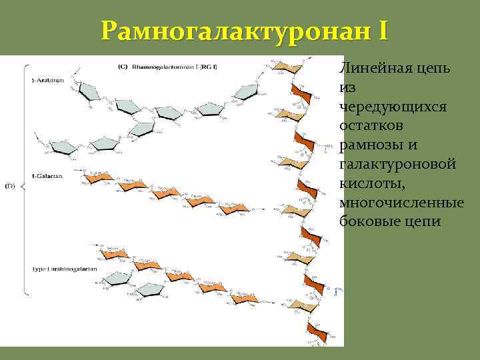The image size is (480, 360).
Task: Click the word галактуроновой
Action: pos(397,164)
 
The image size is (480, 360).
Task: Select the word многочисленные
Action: pos(401,202)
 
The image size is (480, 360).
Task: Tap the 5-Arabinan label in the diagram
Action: pos(47,81)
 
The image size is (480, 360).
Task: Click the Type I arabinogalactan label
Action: pos(64,269)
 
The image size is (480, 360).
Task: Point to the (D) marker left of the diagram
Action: pos(10,186)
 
